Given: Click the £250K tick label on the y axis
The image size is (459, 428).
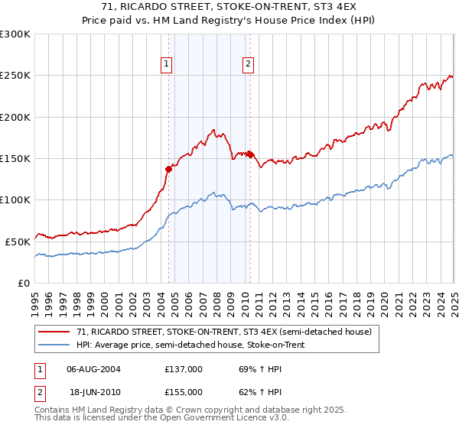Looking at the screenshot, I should (x=15, y=76).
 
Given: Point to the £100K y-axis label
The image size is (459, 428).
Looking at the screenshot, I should (x=15, y=199).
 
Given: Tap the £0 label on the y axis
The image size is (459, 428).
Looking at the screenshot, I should (x=24, y=283).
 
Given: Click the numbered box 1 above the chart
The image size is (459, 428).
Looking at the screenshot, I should (x=167, y=65).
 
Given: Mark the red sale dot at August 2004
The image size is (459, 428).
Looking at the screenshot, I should (x=168, y=169).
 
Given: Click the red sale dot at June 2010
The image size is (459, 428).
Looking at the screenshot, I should (x=250, y=154).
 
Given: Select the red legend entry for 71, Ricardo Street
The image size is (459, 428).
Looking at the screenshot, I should (x=223, y=332).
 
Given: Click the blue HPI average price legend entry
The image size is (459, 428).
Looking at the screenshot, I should (x=197, y=344).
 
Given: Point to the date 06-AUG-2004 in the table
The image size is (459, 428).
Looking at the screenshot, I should (x=93, y=368).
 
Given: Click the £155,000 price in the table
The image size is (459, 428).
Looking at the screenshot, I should (x=184, y=391).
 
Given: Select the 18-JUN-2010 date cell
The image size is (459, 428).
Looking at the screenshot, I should (x=93, y=391).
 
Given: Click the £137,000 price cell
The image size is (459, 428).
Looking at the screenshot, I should (x=184, y=368).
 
